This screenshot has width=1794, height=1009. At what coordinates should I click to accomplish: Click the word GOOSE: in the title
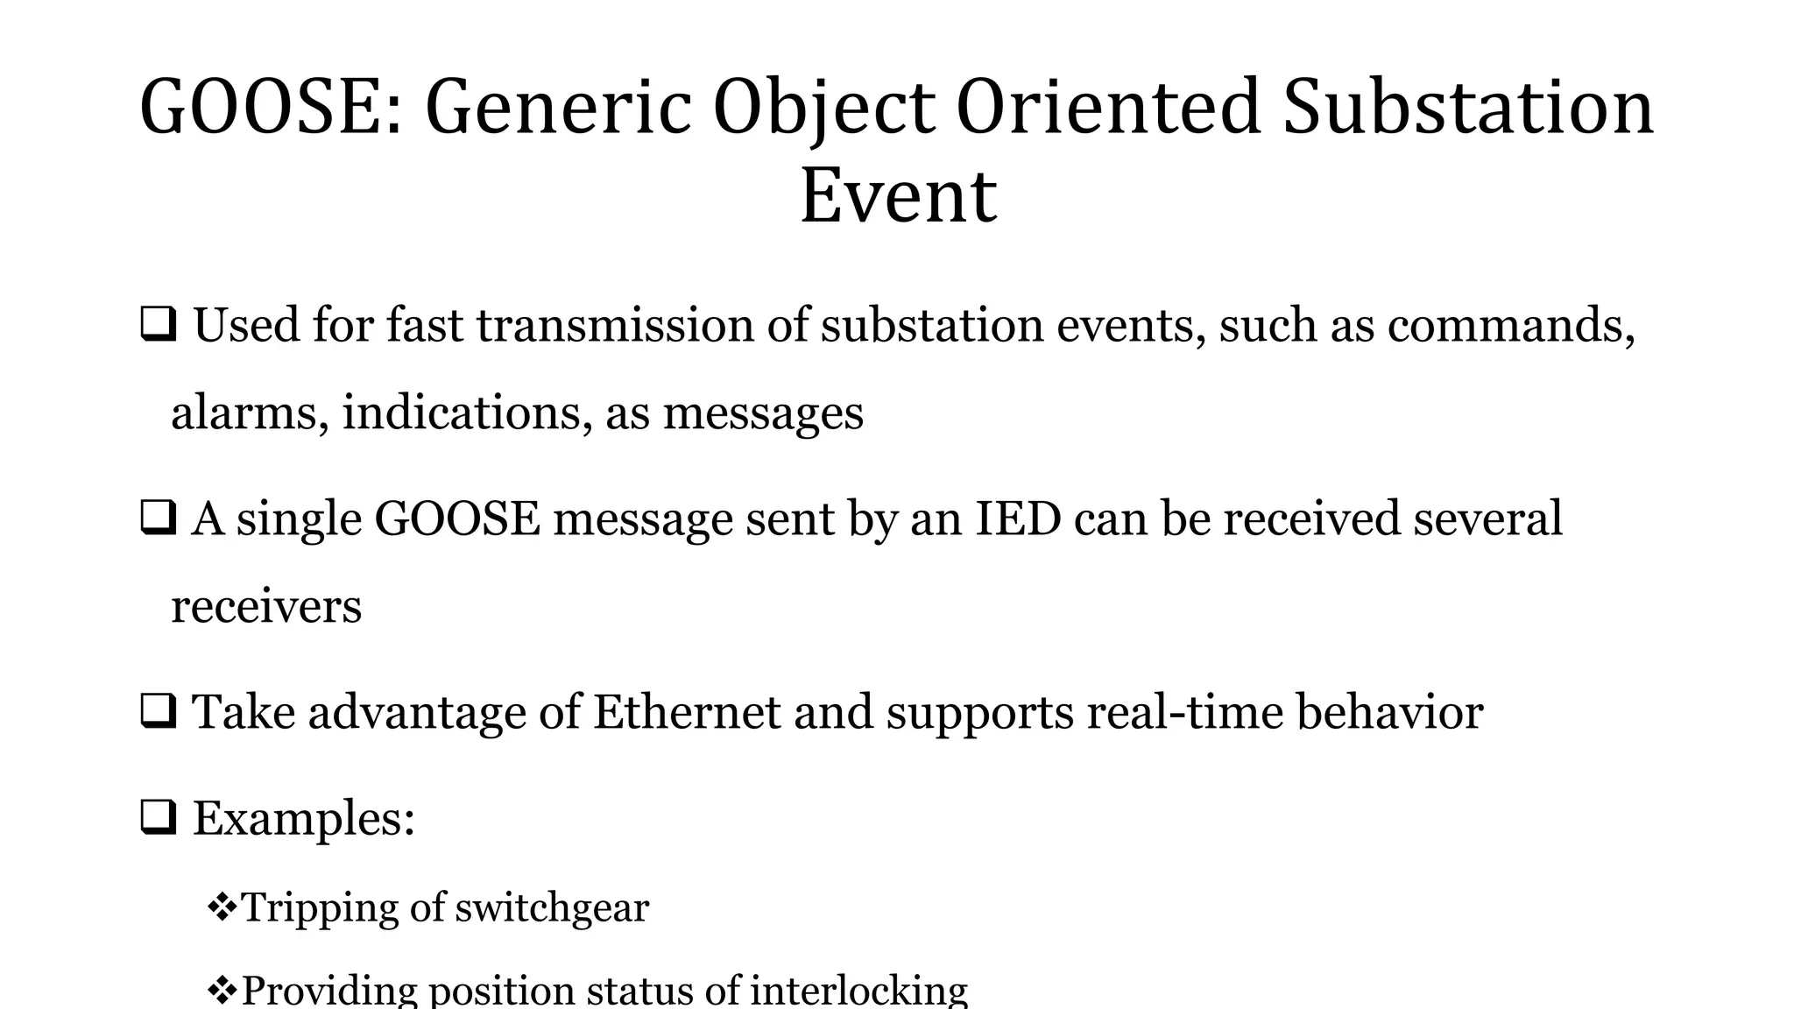pyautogui.click(x=272, y=108)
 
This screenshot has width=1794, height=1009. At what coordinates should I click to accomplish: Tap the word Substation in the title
pyautogui.click(x=1468, y=108)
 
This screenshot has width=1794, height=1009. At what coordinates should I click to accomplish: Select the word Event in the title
pyautogui.click(x=898, y=196)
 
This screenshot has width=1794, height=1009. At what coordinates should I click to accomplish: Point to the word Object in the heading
pyautogui.click(x=823, y=108)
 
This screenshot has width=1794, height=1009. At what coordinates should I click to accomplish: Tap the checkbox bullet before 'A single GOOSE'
pyautogui.click(x=159, y=518)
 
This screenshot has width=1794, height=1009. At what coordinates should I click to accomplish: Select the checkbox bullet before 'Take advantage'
pyautogui.click(x=159, y=711)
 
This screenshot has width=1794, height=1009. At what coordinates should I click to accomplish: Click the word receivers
pyautogui.click(x=265, y=606)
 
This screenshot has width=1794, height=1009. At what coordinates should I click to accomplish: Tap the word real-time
pyautogui.click(x=1184, y=711)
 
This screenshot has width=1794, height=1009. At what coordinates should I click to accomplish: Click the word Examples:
pyautogui.click(x=303, y=819)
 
